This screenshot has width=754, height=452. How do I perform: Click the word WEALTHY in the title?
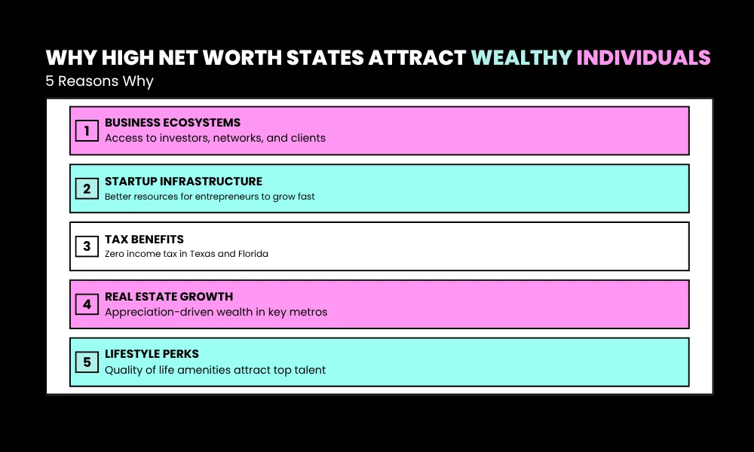[x=521, y=58]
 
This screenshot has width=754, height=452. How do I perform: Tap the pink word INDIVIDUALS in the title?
[x=643, y=58]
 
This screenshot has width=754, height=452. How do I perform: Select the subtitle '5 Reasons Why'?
[x=99, y=81]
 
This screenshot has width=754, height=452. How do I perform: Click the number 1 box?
[x=87, y=131]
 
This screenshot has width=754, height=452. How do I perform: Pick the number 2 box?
[x=87, y=189]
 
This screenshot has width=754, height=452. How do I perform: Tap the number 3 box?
[x=87, y=246]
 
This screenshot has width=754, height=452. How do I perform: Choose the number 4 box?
[x=87, y=304]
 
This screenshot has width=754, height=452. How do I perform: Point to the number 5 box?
[x=87, y=362]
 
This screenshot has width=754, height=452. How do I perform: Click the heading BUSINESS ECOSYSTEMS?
[x=173, y=123]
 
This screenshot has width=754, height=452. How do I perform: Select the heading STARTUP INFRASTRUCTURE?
[x=183, y=181]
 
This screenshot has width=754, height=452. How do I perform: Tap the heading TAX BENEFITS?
[x=144, y=240]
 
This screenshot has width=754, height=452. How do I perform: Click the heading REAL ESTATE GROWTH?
[x=169, y=297]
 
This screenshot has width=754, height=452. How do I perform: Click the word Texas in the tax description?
[x=198, y=254]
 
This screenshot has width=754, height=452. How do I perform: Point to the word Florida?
[x=252, y=254]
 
